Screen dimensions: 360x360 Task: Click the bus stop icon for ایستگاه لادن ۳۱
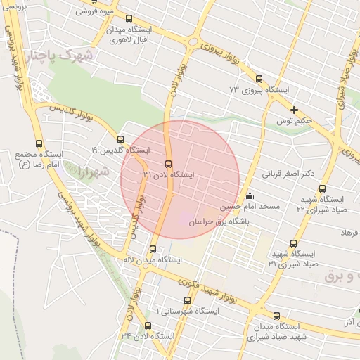tap(167, 164)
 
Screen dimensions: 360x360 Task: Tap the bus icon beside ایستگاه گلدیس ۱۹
tap(120, 139)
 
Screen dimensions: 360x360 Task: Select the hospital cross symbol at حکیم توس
tap(295, 110)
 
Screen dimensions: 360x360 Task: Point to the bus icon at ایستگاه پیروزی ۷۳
tap(259, 79)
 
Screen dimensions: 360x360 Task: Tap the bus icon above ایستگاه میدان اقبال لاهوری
tap(127, 19)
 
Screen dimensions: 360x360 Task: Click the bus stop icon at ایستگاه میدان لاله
tap(153, 249)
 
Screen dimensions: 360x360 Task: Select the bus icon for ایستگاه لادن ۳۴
tap(148, 326)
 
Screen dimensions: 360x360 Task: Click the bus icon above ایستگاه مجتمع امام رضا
tap(39, 143)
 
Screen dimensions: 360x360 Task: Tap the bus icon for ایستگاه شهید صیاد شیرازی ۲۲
tap(322, 188)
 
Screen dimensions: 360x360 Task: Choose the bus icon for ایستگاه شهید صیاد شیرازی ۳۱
tap(293, 243)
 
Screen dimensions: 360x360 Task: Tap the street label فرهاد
tap(349, 232)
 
